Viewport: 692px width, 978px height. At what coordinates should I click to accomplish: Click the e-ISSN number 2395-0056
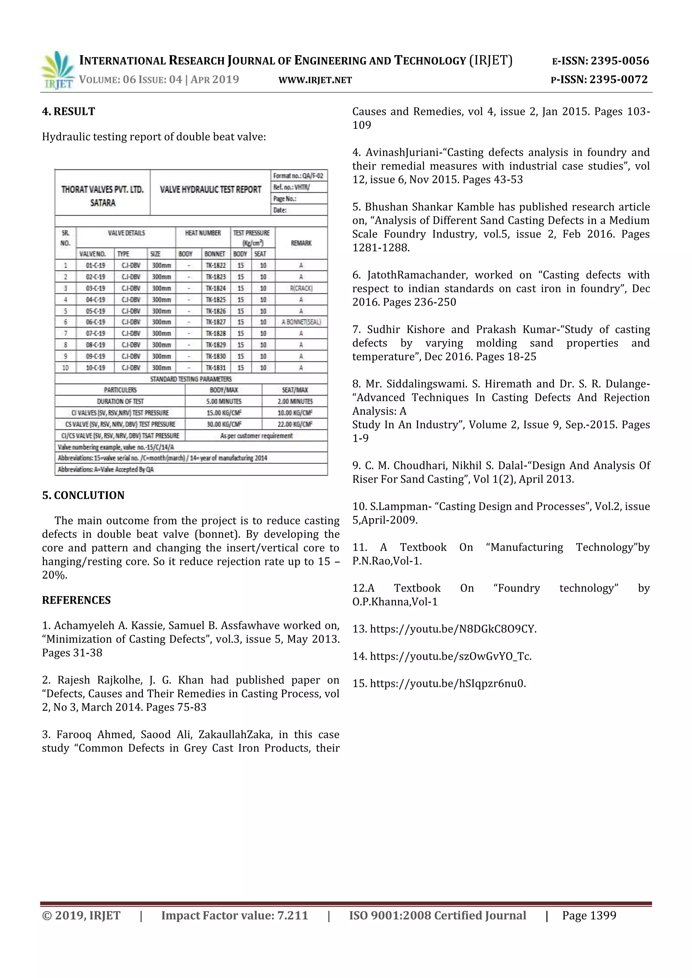tap(619, 61)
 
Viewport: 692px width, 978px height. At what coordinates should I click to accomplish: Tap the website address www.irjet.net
tap(315, 80)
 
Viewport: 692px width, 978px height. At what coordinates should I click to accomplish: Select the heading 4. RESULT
tap(69, 111)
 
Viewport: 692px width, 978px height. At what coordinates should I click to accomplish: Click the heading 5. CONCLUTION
tap(83, 495)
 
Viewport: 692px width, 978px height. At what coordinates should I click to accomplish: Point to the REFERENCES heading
tap(76, 600)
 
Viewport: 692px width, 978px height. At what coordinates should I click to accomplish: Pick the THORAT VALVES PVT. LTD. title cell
tap(103, 196)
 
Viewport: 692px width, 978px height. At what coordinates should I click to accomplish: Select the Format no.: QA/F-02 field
tap(298, 175)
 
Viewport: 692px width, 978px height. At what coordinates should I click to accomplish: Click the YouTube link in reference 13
tap(453, 629)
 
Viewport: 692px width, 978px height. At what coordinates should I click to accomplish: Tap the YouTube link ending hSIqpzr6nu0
tap(447, 684)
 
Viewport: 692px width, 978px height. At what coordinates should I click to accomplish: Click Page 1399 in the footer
tap(589, 916)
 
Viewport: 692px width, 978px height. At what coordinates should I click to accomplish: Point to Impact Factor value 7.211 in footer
tap(234, 916)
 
